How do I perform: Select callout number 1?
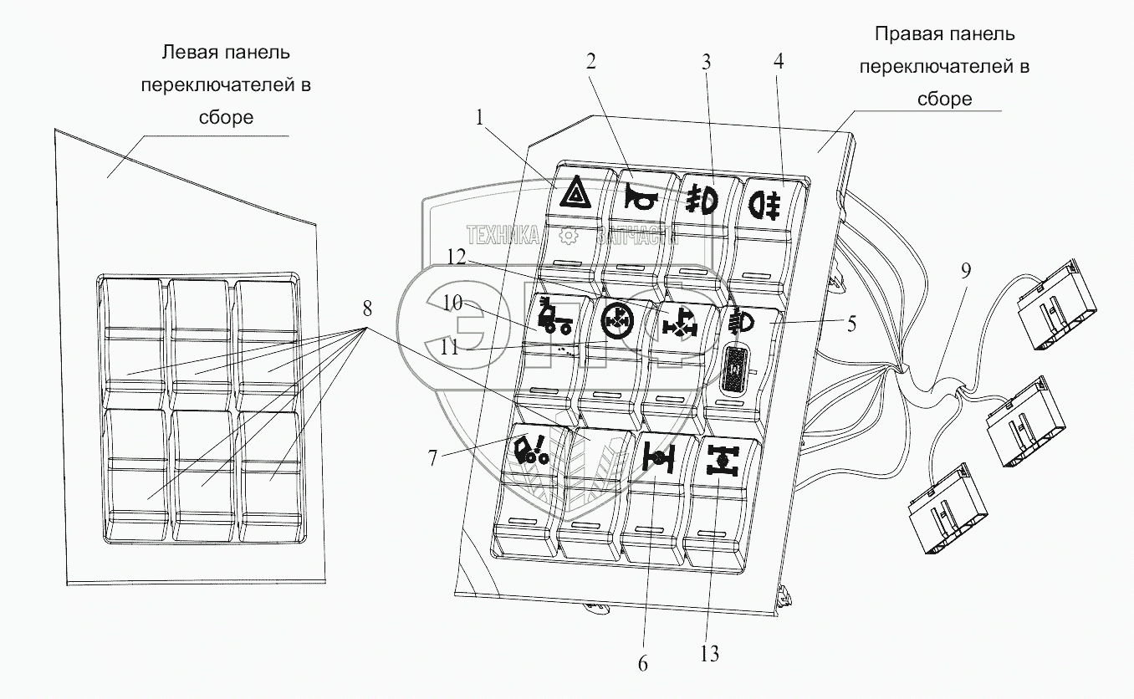pyautogui.click(x=480, y=119)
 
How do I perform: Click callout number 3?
pyautogui.click(x=706, y=62)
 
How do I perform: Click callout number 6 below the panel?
pyautogui.click(x=642, y=664)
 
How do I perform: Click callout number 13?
pyautogui.click(x=709, y=653)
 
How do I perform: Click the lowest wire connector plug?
pyautogui.click(x=946, y=512)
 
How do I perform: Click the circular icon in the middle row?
pyautogui.click(x=617, y=320)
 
